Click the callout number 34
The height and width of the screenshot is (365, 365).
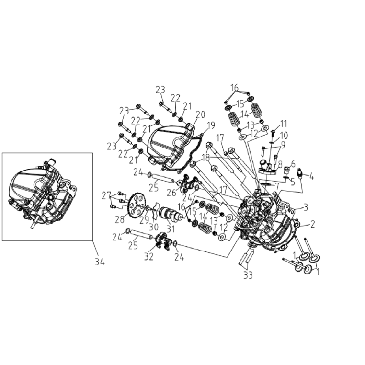click(100, 262)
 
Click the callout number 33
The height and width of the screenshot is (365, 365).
click(248, 275)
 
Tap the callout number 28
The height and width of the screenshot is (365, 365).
click(120, 219)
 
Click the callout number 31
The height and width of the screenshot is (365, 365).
click(171, 229)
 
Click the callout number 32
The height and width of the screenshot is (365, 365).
click(149, 257)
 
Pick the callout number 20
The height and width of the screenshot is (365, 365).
click(200, 114)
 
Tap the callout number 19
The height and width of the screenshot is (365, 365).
click(211, 125)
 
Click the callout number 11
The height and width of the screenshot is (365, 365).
click(284, 124)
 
